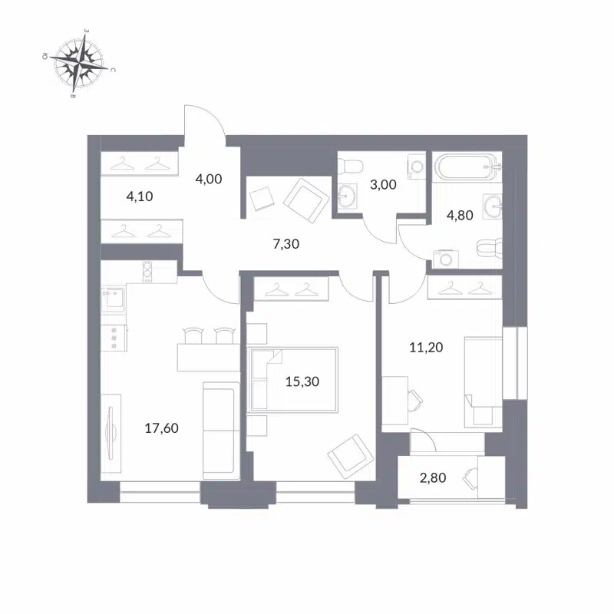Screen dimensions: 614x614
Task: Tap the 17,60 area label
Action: [x=161, y=428]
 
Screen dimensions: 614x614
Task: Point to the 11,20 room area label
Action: [x=427, y=347]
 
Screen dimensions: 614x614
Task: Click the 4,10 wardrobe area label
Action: [x=140, y=196]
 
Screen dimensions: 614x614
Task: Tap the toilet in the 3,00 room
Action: [x=352, y=165]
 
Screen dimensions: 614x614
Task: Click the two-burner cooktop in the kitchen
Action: [x=147, y=271]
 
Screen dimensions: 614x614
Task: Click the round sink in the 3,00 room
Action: [x=348, y=197]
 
